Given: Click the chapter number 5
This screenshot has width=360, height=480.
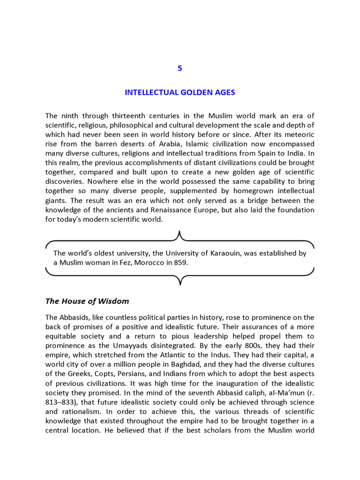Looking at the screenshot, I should (x=180, y=68).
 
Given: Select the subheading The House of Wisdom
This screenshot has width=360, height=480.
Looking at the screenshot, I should (x=87, y=301).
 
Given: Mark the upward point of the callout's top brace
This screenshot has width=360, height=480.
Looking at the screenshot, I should (x=180, y=232).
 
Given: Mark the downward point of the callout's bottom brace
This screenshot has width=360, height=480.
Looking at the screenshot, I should (x=180, y=285).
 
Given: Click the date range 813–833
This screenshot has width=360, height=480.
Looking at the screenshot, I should (x=64, y=403).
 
